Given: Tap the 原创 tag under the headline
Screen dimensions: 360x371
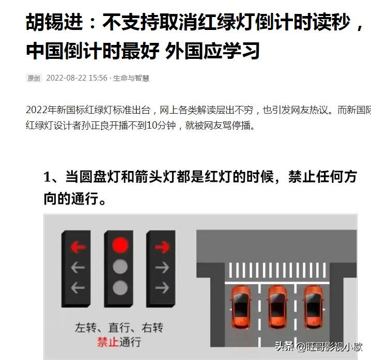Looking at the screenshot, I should click(x=34, y=78).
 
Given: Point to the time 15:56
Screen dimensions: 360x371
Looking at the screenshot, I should click(x=98, y=78).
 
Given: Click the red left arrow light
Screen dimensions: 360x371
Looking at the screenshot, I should click(x=78, y=247).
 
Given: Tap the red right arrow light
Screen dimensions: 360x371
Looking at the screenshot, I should click(x=162, y=247).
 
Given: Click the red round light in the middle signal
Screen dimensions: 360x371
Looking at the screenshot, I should click(x=120, y=244).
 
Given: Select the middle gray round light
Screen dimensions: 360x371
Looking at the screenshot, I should click(x=120, y=267).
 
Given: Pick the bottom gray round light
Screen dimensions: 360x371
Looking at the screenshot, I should click(x=120, y=287).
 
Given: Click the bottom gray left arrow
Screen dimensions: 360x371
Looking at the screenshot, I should click(x=78, y=287).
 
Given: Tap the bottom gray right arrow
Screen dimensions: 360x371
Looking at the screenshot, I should click(x=162, y=287).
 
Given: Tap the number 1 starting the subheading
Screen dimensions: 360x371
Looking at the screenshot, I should click(x=48, y=177).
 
